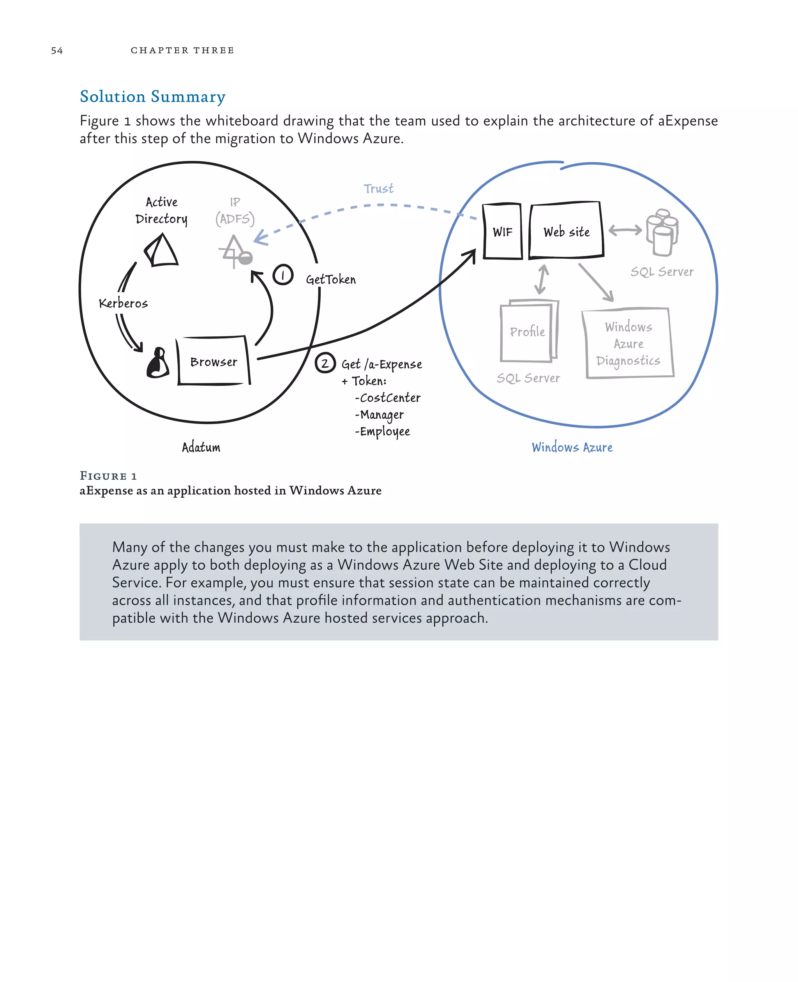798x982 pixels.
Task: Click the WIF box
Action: coord(502,232)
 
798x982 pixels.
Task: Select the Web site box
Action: coord(566,230)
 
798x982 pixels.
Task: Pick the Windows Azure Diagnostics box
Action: coord(629,344)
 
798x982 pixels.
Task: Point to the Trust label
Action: coord(378,189)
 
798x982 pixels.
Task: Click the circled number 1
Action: coord(283,275)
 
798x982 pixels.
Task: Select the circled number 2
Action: coord(325,363)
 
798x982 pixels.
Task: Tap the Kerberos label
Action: coord(123,304)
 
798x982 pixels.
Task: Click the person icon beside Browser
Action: coord(158,363)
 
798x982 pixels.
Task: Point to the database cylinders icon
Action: coord(662,232)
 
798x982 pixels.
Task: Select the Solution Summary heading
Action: coord(153,97)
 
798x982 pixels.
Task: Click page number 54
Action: coord(57,51)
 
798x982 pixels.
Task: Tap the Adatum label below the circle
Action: coord(201,447)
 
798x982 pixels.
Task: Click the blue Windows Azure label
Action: coord(572,447)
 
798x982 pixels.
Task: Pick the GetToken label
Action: coord(331,279)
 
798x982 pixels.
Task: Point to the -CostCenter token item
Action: coord(388,398)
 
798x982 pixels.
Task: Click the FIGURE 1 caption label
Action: coord(108,476)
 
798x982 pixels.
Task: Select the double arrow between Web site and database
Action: coord(625,230)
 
